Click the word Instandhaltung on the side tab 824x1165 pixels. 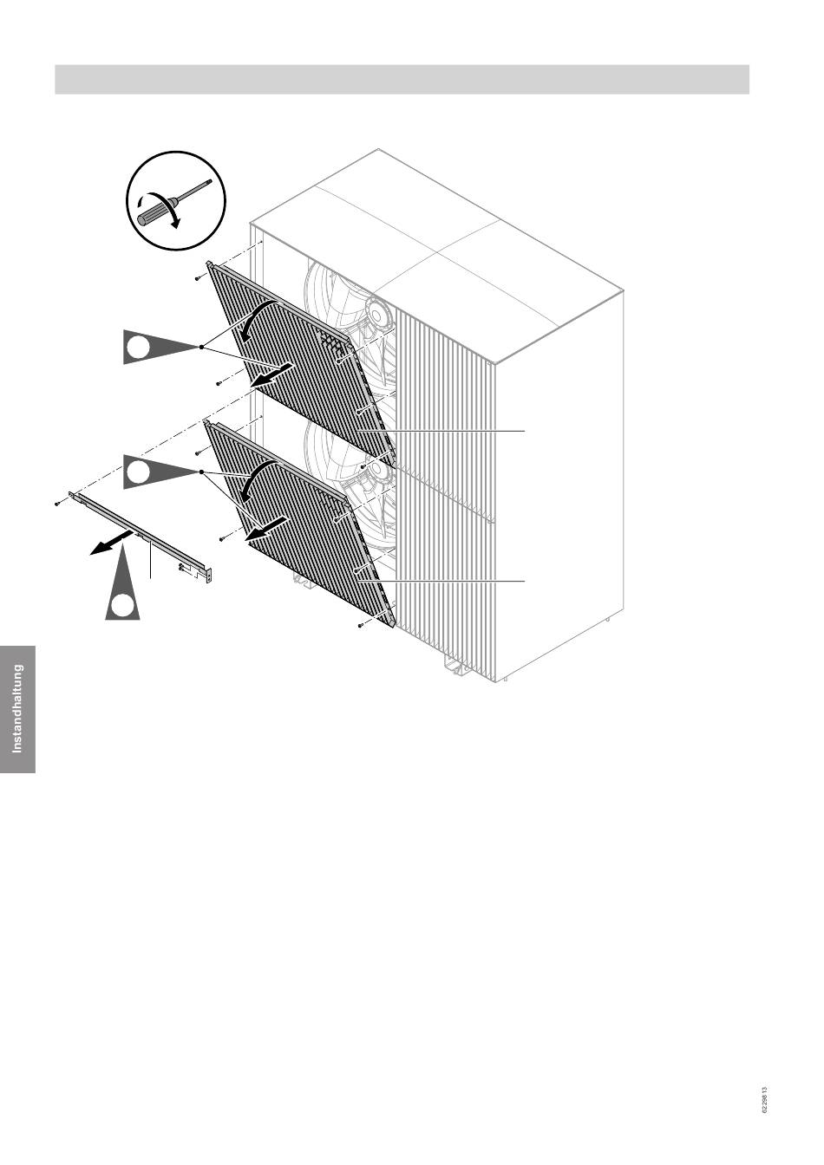tap(17, 709)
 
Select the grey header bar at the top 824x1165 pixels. tap(402, 79)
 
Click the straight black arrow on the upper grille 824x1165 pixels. tap(270, 375)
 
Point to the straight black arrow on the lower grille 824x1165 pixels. tap(266, 529)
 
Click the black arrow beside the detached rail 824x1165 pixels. tap(110, 543)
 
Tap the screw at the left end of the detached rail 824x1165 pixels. tap(56, 504)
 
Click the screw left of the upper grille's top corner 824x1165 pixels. tap(198, 279)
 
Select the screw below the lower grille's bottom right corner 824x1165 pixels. tap(360, 626)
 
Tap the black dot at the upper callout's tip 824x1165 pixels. tap(201, 347)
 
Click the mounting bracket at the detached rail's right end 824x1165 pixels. tap(209, 575)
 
